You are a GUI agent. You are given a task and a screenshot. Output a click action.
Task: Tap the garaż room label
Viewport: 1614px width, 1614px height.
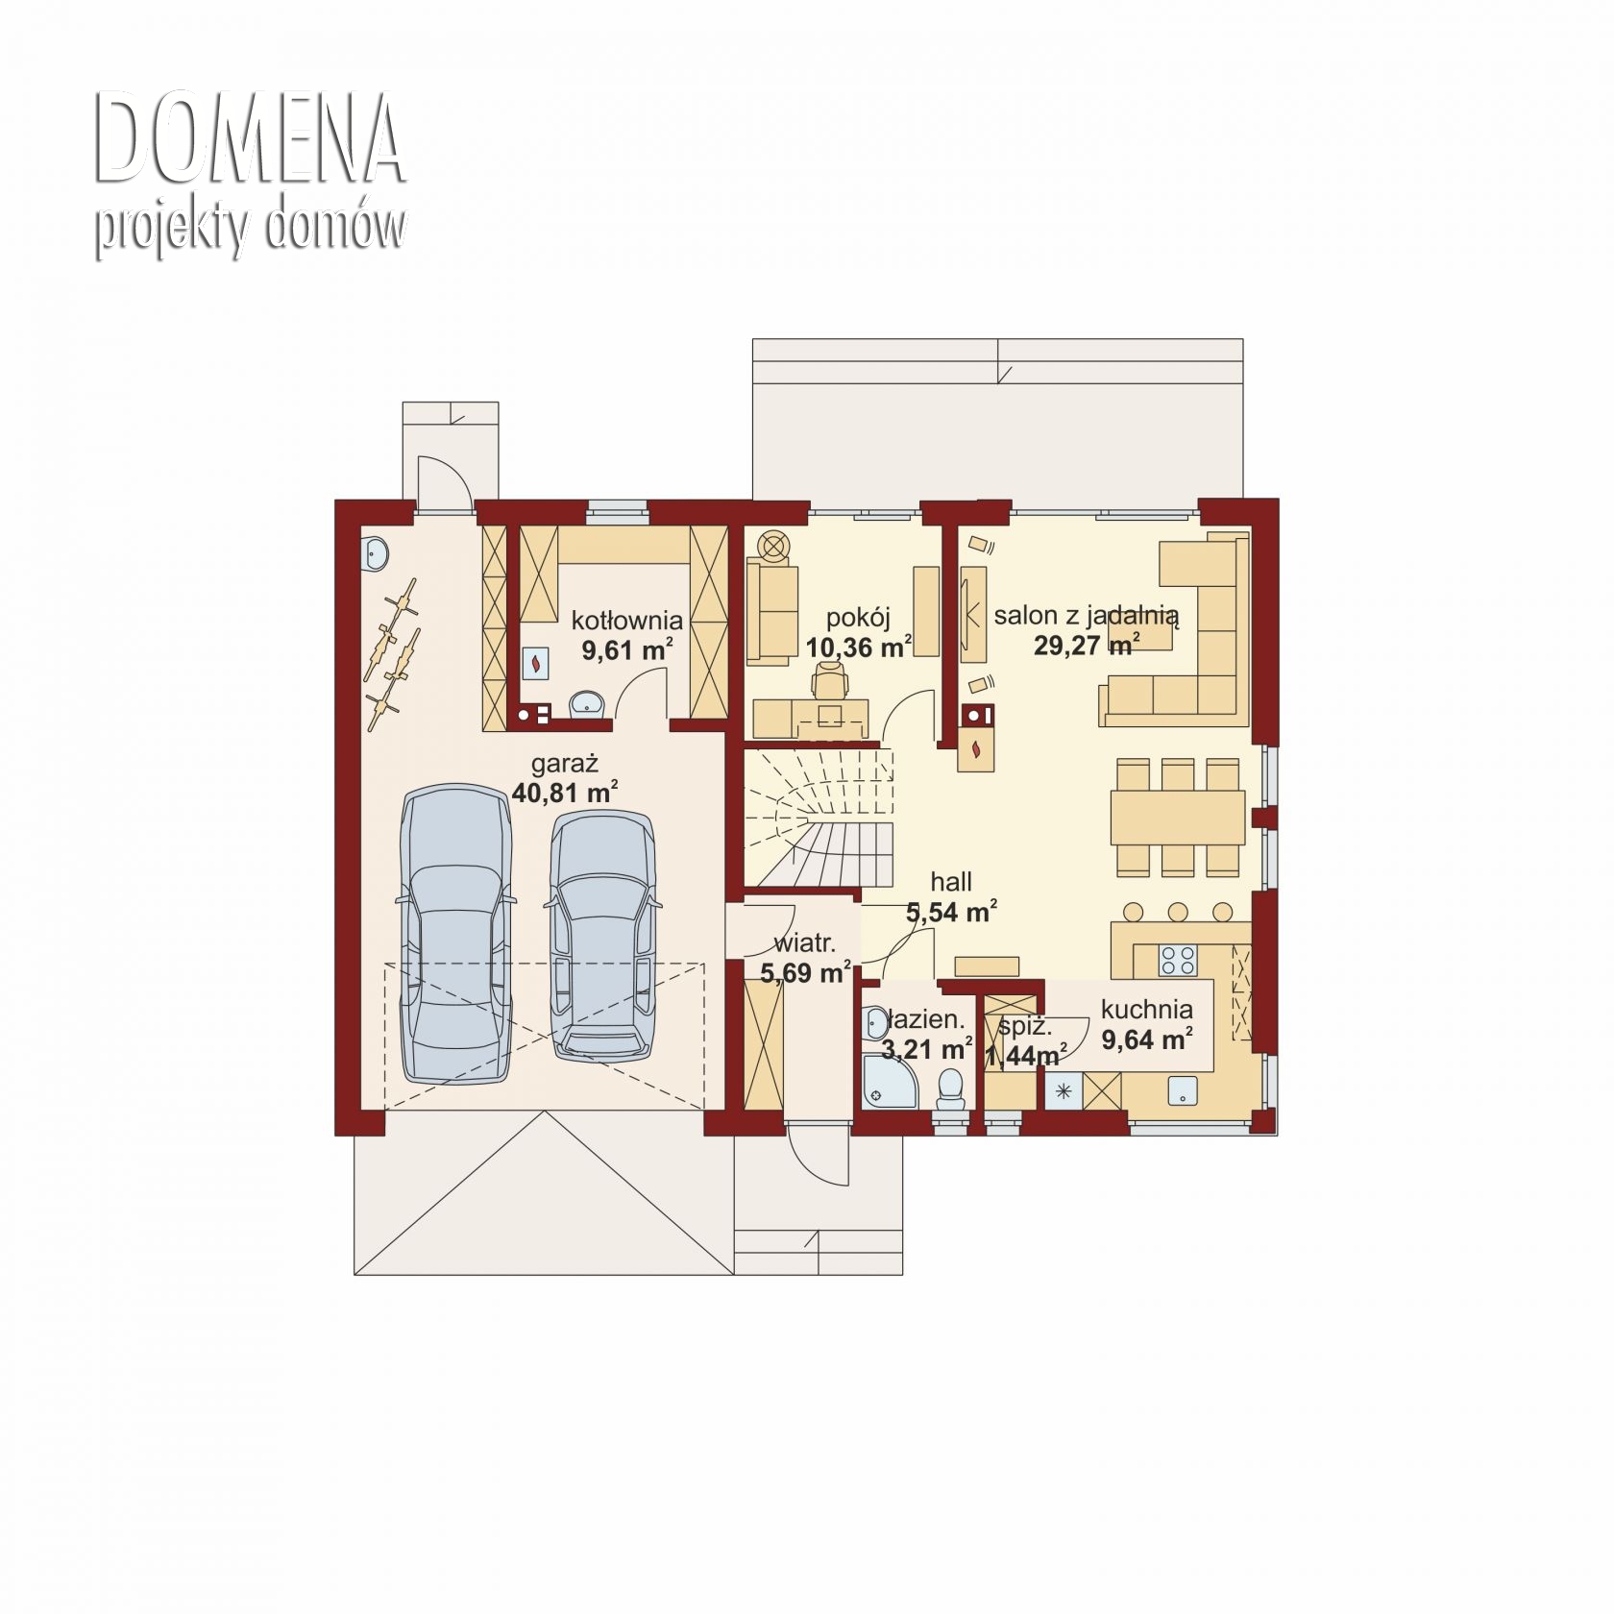565,764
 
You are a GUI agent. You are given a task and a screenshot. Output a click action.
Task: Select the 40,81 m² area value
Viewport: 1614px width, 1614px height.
565,794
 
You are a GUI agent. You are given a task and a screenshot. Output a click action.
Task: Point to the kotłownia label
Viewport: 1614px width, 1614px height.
626,620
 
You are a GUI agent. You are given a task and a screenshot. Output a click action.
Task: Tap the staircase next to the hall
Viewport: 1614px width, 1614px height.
819,819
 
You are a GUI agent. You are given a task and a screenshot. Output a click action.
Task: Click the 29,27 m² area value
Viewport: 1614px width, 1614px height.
1087,645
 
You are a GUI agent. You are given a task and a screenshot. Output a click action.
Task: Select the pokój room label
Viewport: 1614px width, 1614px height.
859,618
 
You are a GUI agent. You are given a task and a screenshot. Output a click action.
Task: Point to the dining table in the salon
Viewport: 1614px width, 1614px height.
1178,817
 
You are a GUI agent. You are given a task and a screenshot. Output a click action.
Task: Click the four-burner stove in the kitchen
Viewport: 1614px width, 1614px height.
1178,960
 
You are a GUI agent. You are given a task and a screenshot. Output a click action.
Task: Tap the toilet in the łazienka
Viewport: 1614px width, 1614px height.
950,1090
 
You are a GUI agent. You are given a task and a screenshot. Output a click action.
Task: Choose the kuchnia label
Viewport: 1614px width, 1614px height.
1147,1010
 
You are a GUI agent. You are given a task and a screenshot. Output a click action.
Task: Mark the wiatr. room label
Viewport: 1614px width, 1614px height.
804,942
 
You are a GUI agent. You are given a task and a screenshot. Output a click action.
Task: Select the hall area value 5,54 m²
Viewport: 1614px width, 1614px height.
951,912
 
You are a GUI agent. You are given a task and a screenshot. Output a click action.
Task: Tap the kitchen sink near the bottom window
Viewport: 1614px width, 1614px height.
1183,1091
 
